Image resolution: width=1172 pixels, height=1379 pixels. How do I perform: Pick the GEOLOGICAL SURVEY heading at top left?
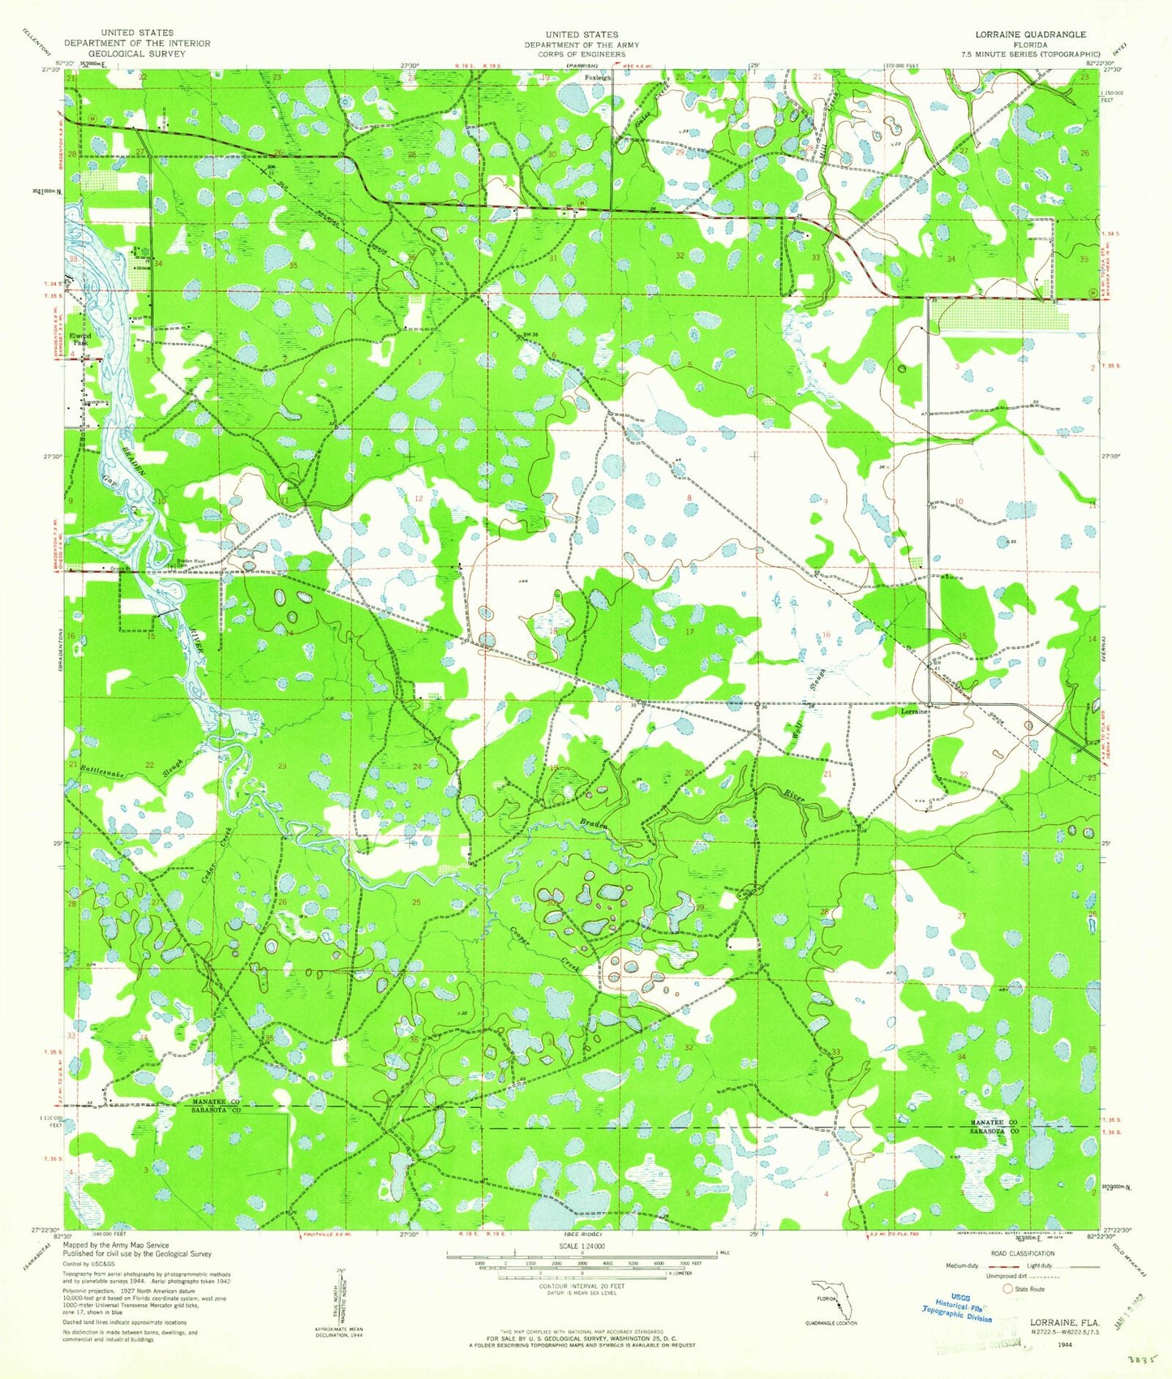click(x=137, y=54)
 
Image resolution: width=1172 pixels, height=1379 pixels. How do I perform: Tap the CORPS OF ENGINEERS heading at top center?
click(x=582, y=55)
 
